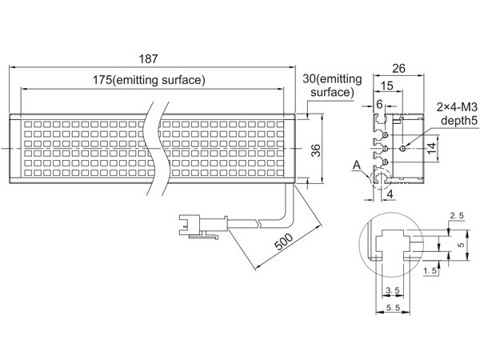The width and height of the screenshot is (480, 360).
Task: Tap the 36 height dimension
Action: click(x=314, y=151)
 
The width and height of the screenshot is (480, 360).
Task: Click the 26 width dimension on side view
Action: click(x=398, y=70)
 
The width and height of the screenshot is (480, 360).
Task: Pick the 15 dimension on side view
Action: click(x=386, y=86)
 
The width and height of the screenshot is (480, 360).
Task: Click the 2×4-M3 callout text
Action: click(x=457, y=106)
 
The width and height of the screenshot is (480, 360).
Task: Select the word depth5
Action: click(x=457, y=121)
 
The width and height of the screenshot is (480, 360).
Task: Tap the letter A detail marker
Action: click(x=358, y=166)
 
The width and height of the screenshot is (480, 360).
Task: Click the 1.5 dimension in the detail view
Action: click(x=430, y=272)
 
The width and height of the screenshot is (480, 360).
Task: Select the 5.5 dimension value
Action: click(x=393, y=308)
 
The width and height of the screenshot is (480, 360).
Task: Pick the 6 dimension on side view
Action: click(x=378, y=105)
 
